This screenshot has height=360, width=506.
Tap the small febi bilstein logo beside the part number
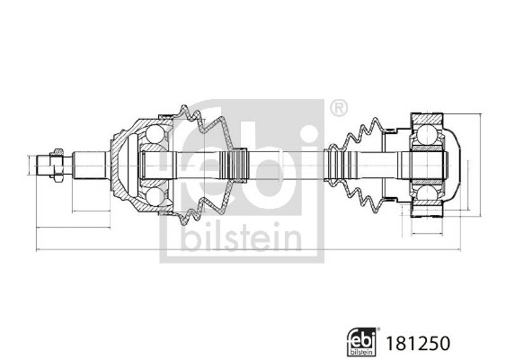pyautogui.click(x=362, y=342)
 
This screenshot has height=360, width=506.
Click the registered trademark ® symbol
pyautogui.click(x=339, y=108)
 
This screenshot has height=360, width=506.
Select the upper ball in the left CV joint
pyautogui.click(x=155, y=134)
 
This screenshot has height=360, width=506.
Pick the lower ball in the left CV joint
pyautogui.click(x=155, y=196)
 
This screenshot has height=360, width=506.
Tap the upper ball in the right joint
pyautogui.click(x=427, y=134)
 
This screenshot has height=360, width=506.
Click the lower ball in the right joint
pyautogui.click(x=427, y=196)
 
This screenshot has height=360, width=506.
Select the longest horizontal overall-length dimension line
pyautogui.click(x=248, y=250)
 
